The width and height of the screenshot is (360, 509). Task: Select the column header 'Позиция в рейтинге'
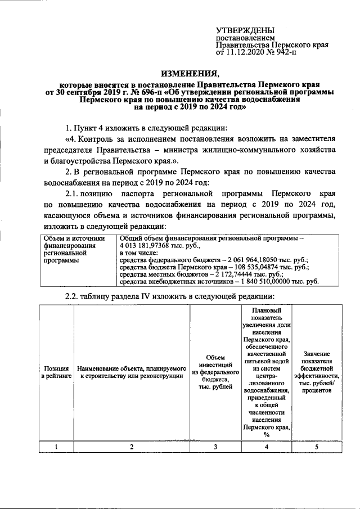(56, 371)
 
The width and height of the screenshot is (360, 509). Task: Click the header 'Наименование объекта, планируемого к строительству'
(132, 371)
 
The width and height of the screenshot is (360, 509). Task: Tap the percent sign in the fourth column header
(267, 435)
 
